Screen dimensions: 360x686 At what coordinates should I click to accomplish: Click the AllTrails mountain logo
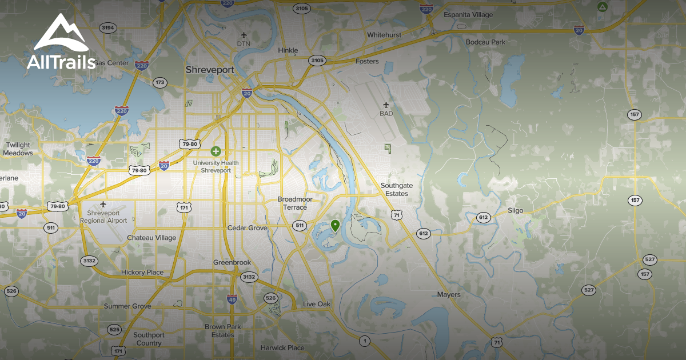click(61, 33)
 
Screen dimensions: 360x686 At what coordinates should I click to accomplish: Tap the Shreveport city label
click(210, 69)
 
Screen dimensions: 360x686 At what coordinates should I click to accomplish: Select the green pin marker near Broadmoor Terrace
click(336, 225)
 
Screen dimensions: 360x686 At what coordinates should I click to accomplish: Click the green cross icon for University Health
click(216, 151)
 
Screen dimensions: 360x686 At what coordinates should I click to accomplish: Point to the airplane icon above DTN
click(244, 35)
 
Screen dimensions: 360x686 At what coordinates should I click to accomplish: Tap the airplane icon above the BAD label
click(386, 105)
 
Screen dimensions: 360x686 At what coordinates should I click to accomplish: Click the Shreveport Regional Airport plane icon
click(103, 204)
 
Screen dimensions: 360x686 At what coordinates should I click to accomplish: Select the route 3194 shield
click(107, 27)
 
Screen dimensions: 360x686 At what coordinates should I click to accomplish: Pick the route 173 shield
click(159, 83)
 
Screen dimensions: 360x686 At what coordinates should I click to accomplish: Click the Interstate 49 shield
click(232, 298)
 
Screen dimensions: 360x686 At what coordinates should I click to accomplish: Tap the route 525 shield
click(114, 330)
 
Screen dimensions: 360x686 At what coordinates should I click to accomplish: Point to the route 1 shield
click(364, 341)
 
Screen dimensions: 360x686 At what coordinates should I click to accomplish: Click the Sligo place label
click(515, 210)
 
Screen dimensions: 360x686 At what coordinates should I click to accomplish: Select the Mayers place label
click(449, 295)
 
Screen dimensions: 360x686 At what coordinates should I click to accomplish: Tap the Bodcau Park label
click(485, 42)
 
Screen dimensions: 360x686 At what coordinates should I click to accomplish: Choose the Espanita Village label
click(468, 14)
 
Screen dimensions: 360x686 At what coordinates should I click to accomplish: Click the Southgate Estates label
click(396, 189)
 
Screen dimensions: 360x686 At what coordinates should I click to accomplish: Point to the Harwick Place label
click(282, 347)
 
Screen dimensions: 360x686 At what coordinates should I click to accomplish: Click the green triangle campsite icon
click(601, 7)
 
